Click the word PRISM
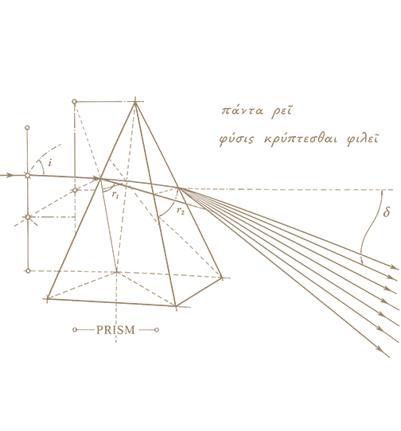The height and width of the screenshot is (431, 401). click(115, 330)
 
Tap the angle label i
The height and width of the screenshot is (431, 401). click(50, 163)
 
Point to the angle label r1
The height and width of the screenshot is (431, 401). click(115, 195)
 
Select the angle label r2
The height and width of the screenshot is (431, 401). click(181, 211)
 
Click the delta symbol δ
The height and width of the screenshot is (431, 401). click(387, 212)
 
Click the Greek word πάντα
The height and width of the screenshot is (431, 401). click(243, 111)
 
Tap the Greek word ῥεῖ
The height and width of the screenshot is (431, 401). click(281, 111)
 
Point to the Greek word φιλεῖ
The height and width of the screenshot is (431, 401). click(363, 139)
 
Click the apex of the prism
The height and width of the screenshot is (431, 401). click(135, 102)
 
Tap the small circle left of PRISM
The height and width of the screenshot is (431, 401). click(75, 330)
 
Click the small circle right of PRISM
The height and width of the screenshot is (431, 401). click(157, 330)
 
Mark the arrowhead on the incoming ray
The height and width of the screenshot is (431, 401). click(10, 175)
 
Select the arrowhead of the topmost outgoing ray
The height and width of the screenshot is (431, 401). click(395, 267)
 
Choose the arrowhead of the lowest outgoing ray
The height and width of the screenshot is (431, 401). click(380, 349)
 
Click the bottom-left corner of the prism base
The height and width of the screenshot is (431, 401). click(48, 298)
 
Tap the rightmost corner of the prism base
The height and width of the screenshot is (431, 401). click(222, 278)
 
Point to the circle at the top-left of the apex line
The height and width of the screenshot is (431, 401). click(74, 102)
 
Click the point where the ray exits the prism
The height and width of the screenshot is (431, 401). click(179, 188)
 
